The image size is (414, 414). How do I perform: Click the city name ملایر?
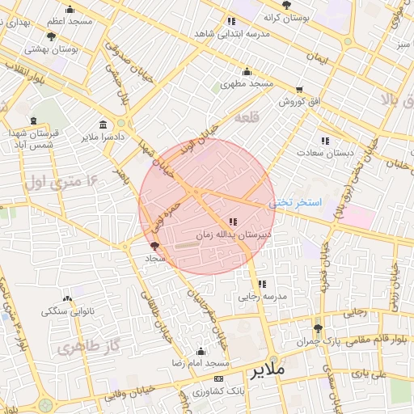tap(268, 370)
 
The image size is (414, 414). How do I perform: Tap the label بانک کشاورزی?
tap(218, 391)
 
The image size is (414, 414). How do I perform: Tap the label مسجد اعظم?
tap(70, 21)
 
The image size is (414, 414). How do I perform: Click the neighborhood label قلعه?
tap(246, 118)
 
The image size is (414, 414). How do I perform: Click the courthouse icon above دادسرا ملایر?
tap(103, 125)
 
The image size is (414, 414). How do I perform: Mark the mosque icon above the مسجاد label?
tap(154, 246)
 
